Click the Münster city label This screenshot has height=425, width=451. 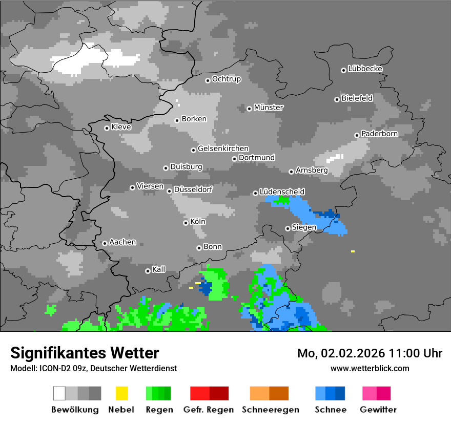pos(269,108)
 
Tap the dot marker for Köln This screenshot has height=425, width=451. pos(186,223)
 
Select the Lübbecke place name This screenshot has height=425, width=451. pos(365,69)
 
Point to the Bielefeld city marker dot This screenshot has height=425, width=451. pos(337,99)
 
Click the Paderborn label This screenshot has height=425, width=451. pos(379,134)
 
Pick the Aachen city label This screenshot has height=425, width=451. pos(122,242)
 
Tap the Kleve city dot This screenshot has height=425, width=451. pos(107,128)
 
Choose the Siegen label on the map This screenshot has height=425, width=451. pos(304,227)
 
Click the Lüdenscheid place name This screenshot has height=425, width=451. pos(282,192)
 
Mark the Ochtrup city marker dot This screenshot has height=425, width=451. pos(208,80)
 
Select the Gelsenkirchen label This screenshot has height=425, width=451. pos(223,148)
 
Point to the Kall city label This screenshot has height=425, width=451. pos(158,269)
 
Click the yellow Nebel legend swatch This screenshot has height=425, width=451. pos(121,393)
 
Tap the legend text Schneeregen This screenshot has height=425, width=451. pos(270,410)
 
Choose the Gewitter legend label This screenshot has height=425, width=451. pos(378,410)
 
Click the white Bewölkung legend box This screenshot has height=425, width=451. pos(59,393)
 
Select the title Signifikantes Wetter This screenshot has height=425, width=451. pos(85,353)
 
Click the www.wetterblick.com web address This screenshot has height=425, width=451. pos(370,368)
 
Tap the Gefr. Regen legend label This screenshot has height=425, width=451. pos(209,410)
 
